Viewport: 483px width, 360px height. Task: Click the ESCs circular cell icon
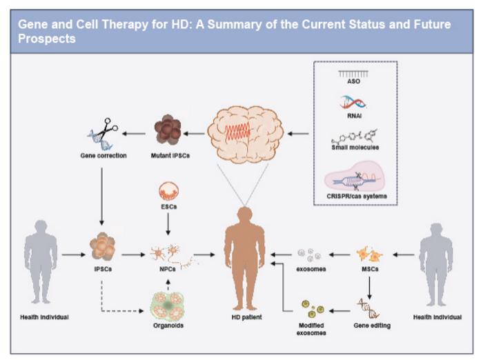click(168, 192)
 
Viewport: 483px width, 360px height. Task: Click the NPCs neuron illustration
click(168, 255)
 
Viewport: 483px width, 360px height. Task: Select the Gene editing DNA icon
click(370, 303)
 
